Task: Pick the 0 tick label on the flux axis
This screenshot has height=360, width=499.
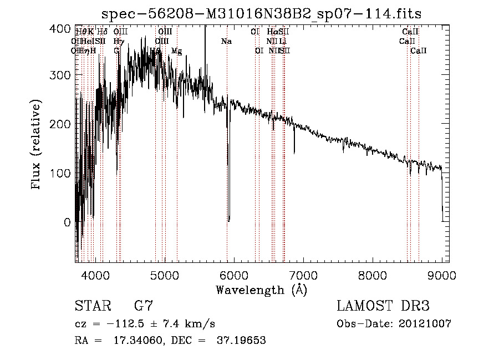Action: click(68, 222)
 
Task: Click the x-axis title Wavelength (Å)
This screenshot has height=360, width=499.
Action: click(261, 290)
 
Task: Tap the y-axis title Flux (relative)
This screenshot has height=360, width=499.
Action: click(37, 145)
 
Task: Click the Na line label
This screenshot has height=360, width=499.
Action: click(226, 42)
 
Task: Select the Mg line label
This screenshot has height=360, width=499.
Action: click(176, 51)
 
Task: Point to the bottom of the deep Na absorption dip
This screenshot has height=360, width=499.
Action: click(228, 220)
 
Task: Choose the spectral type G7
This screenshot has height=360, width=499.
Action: click(144, 306)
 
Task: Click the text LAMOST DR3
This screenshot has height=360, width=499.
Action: click(383, 306)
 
